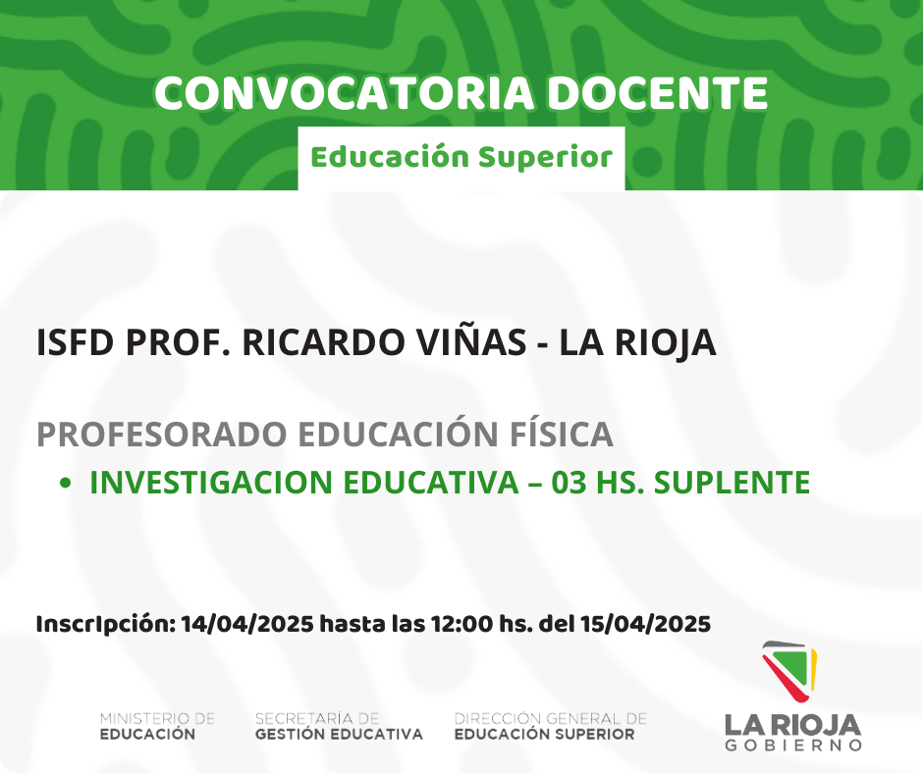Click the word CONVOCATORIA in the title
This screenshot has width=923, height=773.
tap(345, 93)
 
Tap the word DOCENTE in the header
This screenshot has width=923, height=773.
tap(658, 93)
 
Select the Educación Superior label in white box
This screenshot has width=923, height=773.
tap(461, 158)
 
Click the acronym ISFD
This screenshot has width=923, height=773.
tap(75, 342)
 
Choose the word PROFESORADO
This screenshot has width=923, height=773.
tap(162, 435)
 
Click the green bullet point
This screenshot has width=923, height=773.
tap(66, 483)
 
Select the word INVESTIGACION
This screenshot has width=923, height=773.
tap(211, 483)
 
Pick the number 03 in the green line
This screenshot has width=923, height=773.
tap(570, 483)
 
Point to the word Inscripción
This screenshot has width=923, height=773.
tap(106, 624)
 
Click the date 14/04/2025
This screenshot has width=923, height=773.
tap(247, 624)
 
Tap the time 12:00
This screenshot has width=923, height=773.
tap(461, 624)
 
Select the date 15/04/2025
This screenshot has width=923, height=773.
tap(645, 624)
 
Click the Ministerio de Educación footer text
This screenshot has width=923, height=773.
tap(158, 727)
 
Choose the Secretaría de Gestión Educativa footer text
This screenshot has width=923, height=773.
tap(339, 727)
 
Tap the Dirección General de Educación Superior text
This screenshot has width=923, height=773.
tap(551, 727)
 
